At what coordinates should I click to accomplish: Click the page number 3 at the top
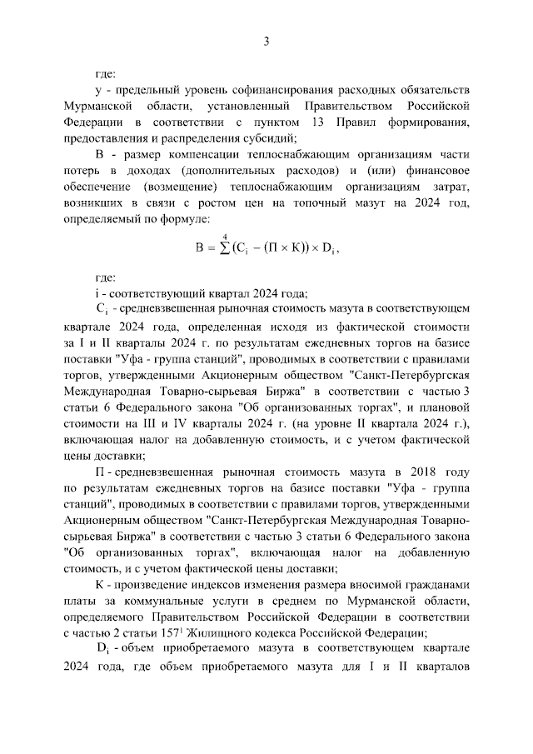click(266, 41)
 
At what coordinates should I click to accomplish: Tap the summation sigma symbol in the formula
click(223, 248)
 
